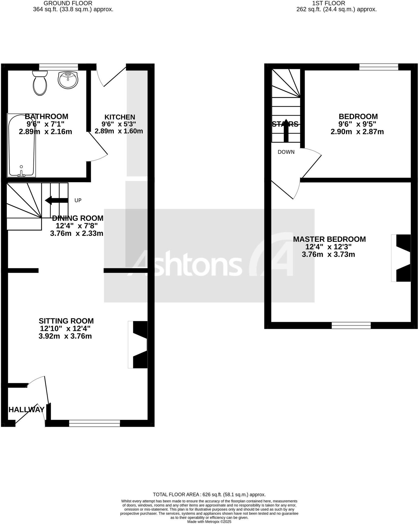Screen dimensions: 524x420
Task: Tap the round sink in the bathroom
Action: click(x=68, y=80)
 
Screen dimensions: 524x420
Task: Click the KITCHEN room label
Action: click(x=120, y=117)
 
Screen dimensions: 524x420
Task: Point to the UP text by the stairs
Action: click(x=78, y=200)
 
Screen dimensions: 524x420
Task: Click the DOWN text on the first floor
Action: click(x=286, y=152)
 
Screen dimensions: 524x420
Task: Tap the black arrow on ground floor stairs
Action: click(x=56, y=200)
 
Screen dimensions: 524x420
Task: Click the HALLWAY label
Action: click(x=26, y=410)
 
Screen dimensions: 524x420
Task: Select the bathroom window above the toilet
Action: click(x=58, y=67)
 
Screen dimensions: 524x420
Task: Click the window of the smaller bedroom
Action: click(x=379, y=67)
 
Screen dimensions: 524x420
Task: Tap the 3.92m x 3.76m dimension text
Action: click(x=65, y=336)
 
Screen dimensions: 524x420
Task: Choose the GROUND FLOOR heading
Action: click(x=68, y=3)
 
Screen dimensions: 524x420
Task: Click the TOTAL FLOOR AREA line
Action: click(x=209, y=494)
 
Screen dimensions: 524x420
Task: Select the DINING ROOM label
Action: click(x=78, y=218)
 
